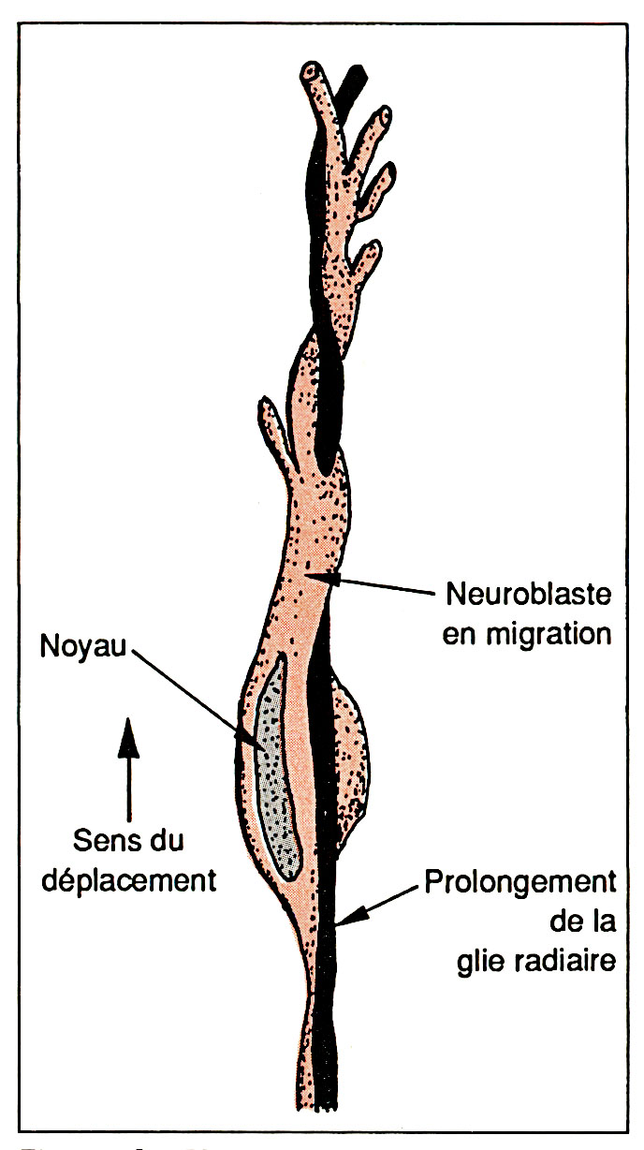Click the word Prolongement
[x=520, y=882]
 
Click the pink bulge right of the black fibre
[x=350, y=759]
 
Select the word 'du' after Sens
[x=164, y=841]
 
